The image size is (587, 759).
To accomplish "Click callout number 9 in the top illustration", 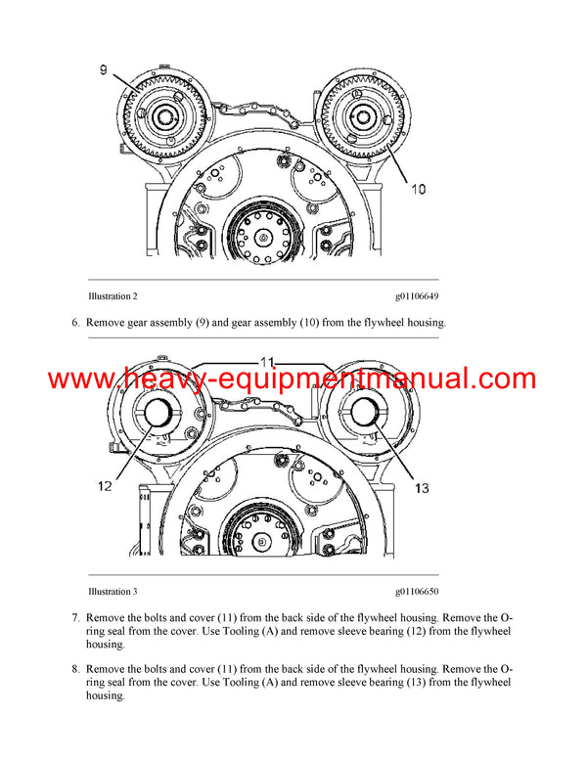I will pyautogui.click(x=105, y=69).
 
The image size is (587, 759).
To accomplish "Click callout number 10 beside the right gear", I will pyautogui.click(x=418, y=189).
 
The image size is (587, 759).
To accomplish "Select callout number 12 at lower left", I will pyautogui.click(x=106, y=485).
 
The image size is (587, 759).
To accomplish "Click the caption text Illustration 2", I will pyautogui.click(x=113, y=295).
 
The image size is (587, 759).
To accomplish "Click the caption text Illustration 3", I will pyautogui.click(x=113, y=592).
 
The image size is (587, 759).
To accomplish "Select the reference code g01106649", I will pyautogui.click(x=417, y=295).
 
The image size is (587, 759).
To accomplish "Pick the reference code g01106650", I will pyautogui.click(x=417, y=592).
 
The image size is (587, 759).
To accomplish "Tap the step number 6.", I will pyautogui.click(x=75, y=322).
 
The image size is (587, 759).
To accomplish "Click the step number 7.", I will pyautogui.click(x=75, y=618).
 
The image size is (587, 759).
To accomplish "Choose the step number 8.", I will pyautogui.click(x=75, y=669).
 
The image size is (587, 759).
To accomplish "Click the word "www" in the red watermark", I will pyautogui.click(x=81, y=379).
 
